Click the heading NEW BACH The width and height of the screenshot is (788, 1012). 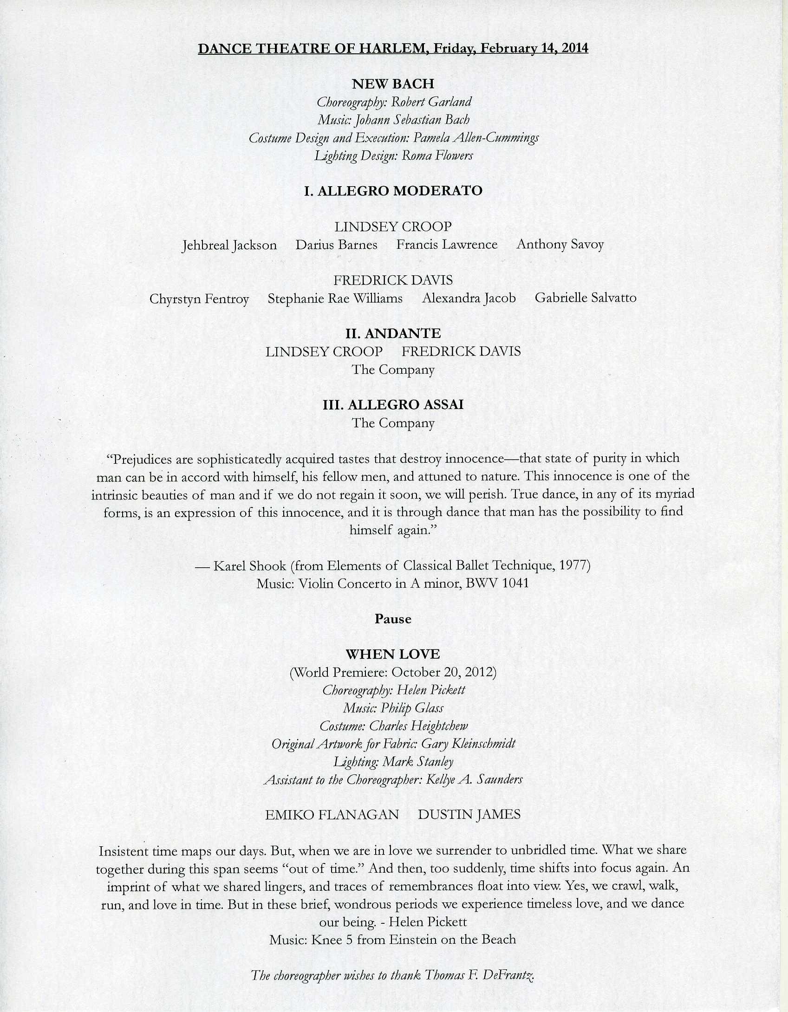click(x=393, y=84)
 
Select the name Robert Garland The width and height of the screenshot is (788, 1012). click(x=431, y=102)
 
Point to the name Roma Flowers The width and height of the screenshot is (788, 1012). click(x=437, y=156)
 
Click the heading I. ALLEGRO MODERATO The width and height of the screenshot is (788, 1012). click(x=393, y=191)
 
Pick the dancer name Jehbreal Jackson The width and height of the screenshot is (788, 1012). click(x=229, y=245)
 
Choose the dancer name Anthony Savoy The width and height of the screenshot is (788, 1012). click(x=560, y=244)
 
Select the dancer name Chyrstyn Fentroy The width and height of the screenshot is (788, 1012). click(x=199, y=298)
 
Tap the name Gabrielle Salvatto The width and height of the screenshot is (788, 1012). click(x=585, y=298)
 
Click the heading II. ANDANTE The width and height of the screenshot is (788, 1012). click(x=393, y=333)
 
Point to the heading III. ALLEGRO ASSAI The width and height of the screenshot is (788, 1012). click(x=393, y=405)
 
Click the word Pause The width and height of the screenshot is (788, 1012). click(x=393, y=619)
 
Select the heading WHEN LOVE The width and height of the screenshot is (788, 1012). click(x=393, y=655)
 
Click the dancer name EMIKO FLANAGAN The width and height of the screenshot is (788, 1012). click(x=332, y=815)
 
